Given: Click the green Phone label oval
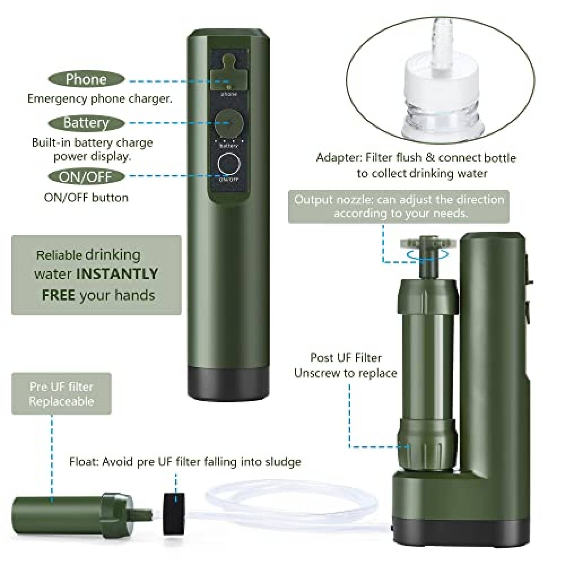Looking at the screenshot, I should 86,79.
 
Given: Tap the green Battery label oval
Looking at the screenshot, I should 86,123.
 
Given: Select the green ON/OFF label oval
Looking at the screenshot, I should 86,177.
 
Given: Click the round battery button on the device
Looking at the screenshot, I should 229,124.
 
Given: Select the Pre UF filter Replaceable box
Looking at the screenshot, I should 61,394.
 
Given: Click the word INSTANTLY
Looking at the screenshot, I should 117,274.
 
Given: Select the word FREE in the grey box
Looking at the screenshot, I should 58,295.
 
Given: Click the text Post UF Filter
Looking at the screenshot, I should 346,357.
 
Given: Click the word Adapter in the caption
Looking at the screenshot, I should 339,157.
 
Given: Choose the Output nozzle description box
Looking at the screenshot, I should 399,207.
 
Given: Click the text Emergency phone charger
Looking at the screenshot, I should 100,99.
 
